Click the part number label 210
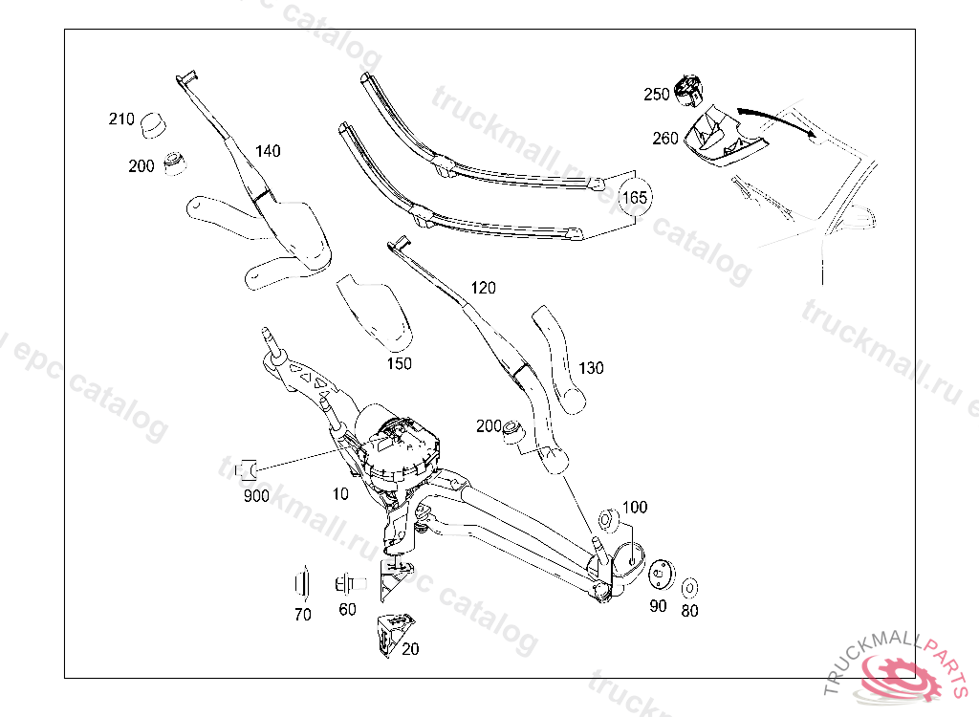[120, 119]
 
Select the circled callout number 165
[636, 198]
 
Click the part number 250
[657, 95]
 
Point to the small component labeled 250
[688, 90]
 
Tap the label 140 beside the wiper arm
[268, 151]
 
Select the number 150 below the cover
[399, 363]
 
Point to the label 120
[483, 288]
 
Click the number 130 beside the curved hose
[591, 368]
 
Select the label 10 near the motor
[341, 493]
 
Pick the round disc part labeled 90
[658, 576]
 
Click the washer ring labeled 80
[689, 584]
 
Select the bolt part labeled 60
[345, 582]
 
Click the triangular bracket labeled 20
[394, 628]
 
